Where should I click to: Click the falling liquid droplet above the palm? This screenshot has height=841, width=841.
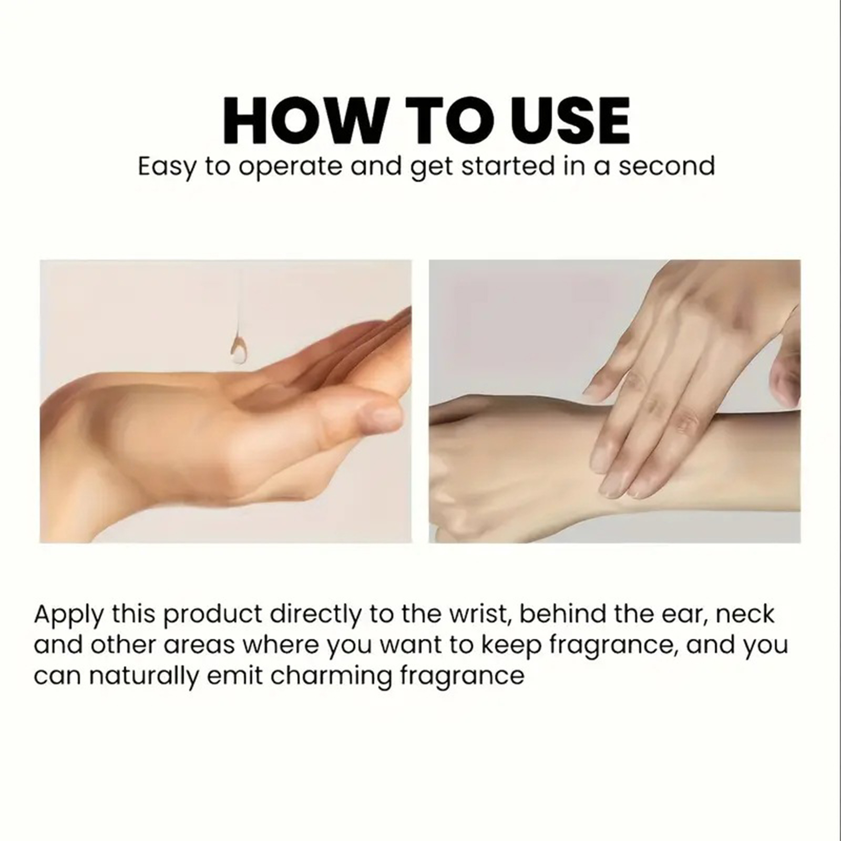tap(239, 348)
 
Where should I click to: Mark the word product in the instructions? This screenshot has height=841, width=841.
tap(213, 616)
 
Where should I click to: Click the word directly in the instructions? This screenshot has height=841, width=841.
tap(316, 616)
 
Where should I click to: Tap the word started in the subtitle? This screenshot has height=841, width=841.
tap(508, 166)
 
